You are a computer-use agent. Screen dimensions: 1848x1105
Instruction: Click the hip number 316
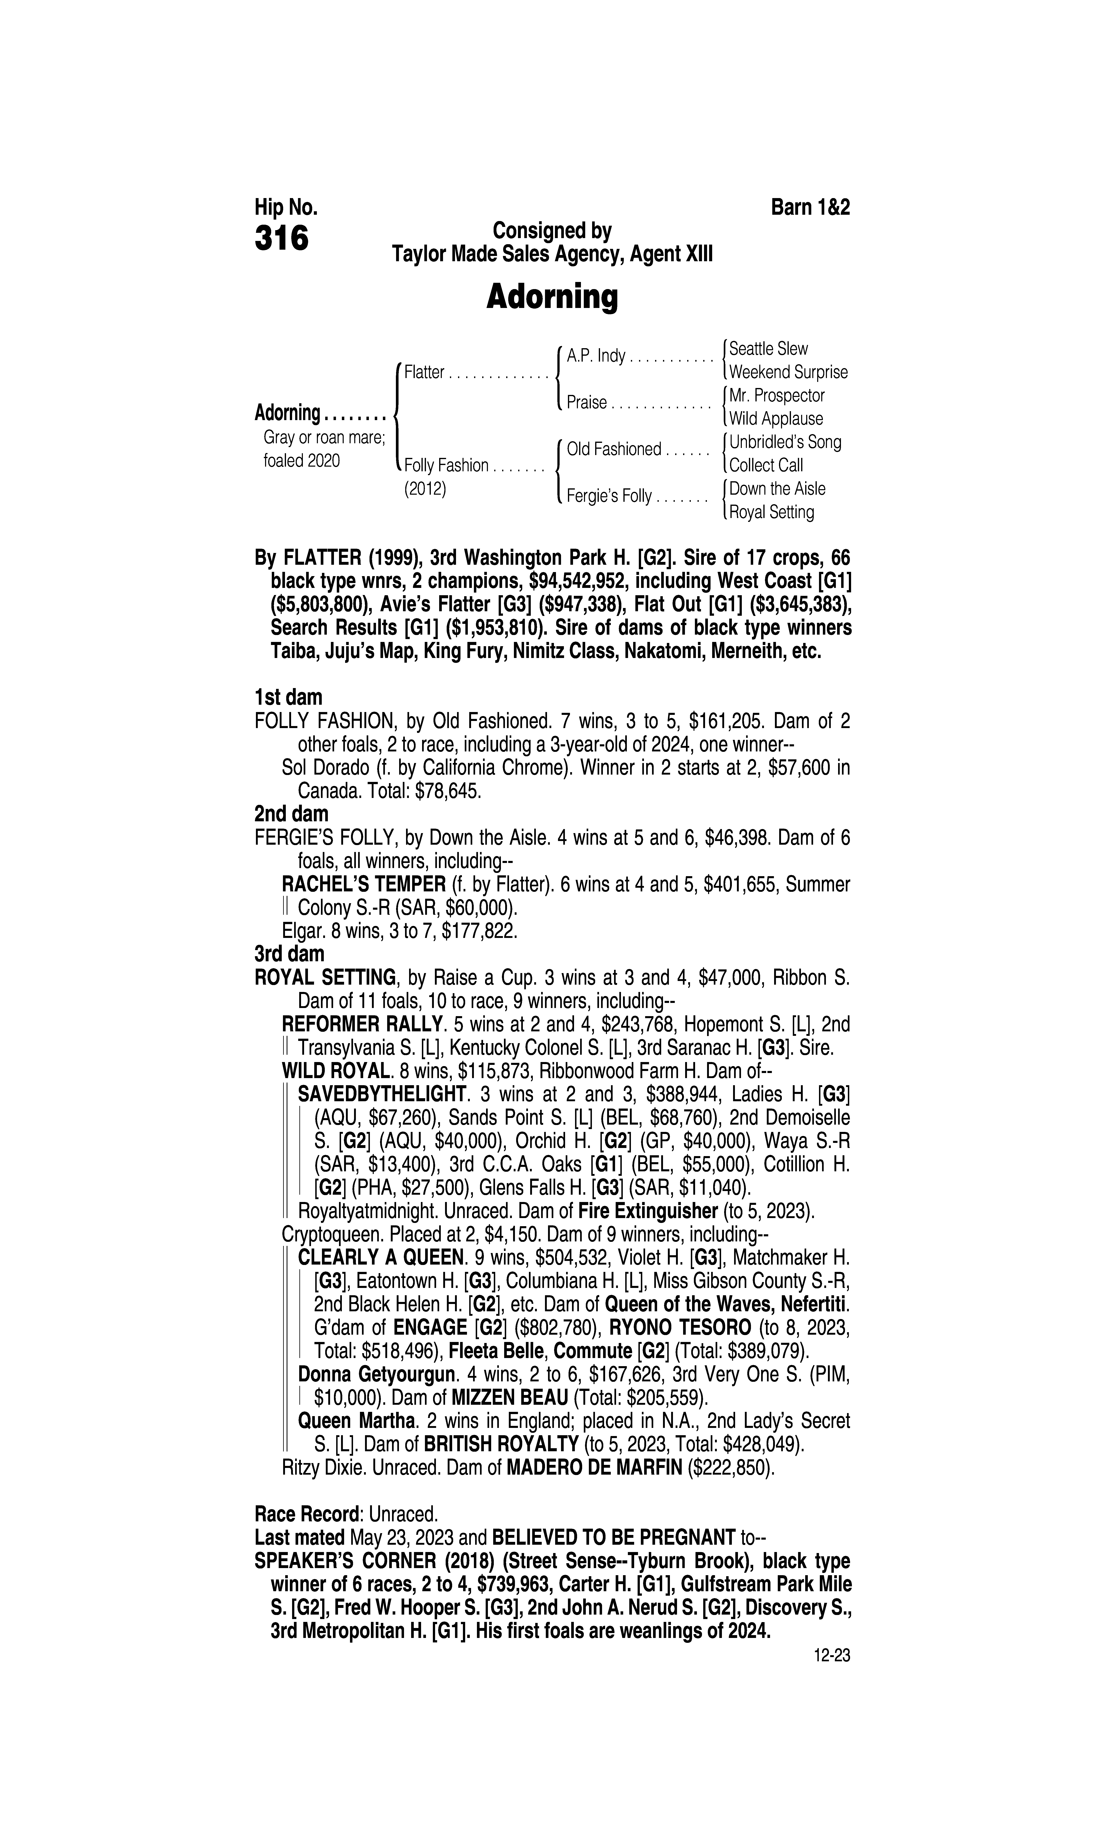click(282, 238)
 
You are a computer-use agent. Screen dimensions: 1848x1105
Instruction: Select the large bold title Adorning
click(552, 297)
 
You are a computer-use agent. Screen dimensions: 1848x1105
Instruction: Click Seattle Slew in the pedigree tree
click(768, 348)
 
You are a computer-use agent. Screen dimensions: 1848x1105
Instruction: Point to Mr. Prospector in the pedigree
click(777, 395)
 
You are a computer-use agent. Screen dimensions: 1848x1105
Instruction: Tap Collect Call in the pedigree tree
click(766, 465)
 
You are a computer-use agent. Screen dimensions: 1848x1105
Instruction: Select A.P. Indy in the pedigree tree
click(596, 356)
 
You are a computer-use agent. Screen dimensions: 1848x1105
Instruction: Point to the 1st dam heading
click(288, 698)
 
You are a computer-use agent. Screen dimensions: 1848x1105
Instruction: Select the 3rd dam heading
click(290, 954)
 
